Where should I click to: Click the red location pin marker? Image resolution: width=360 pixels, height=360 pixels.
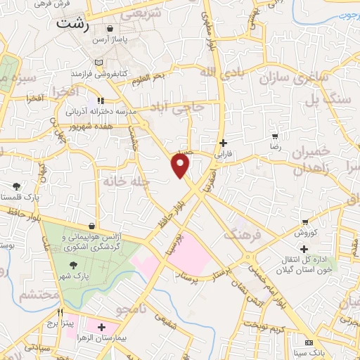coord(181,166)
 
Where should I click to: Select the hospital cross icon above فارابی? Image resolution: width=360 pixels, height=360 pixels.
coord(223,143)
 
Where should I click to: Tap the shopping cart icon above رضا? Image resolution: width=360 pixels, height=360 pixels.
coord(275,137)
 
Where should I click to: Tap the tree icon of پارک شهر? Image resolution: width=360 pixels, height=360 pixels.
coord(72,265)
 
